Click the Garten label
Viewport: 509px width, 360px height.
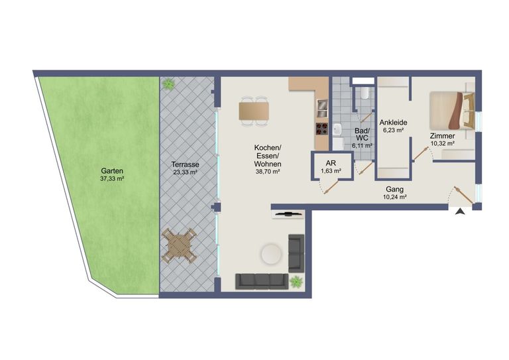click(112, 171)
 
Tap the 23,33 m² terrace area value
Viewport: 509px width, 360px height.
click(186, 172)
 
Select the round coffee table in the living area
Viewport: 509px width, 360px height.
click(272, 254)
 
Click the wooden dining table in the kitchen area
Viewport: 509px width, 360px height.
click(254, 111)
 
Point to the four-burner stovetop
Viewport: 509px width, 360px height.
click(321, 129)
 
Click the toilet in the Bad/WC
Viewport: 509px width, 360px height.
click(365, 93)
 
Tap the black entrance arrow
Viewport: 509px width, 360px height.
click(460, 212)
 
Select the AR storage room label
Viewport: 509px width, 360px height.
click(331, 163)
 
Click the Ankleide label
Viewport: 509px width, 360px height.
click(394, 123)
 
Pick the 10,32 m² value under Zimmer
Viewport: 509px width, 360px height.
click(442, 143)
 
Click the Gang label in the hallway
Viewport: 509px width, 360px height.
click(395, 189)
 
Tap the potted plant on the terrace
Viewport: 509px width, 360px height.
click(168, 84)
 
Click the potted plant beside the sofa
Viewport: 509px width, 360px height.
click(296, 282)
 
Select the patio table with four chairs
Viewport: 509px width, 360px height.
click(179, 245)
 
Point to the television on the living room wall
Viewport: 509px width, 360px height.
click(288, 214)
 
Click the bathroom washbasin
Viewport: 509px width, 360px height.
click(337, 129)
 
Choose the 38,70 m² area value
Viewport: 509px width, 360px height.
click(268, 172)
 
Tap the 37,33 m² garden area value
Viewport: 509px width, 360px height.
click(113, 178)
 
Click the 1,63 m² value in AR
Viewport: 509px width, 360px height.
click(331, 171)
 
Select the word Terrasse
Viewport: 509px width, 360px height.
click(186, 164)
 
